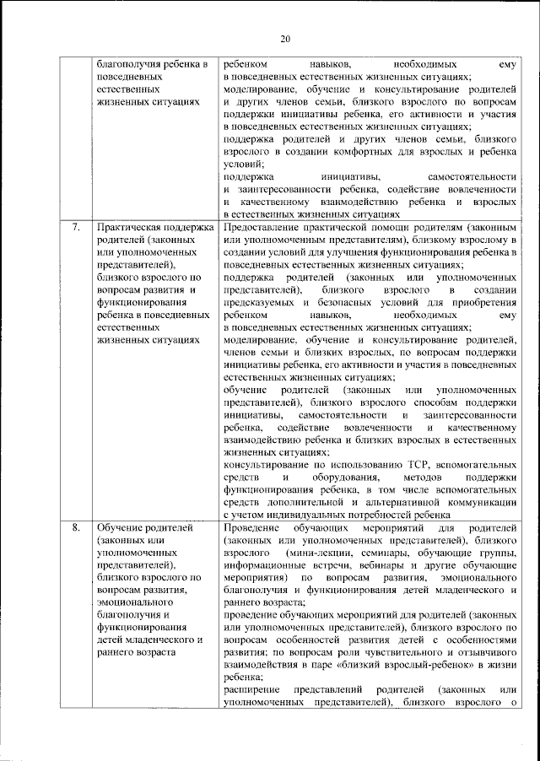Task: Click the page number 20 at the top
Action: [x=284, y=38]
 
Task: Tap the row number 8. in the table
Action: [x=75, y=528]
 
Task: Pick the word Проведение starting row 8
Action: [x=252, y=528]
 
